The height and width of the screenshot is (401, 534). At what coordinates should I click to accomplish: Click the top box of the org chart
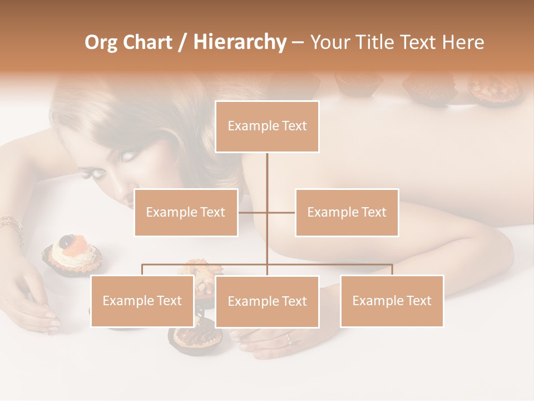(x=267, y=126)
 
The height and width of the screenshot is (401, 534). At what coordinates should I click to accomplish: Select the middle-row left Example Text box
(x=186, y=212)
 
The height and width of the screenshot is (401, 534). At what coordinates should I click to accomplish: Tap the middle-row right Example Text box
(x=347, y=212)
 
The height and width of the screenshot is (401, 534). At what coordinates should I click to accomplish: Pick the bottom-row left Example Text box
(x=142, y=301)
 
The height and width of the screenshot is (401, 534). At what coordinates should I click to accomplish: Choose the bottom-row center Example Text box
(x=267, y=301)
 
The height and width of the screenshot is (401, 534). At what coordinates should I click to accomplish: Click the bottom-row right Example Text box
(x=392, y=301)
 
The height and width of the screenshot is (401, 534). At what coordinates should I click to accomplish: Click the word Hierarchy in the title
(x=240, y=42)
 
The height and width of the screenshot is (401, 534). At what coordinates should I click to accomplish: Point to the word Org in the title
(x=101, y=42)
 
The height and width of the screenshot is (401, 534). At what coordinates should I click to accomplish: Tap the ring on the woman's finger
(x=288, y=338)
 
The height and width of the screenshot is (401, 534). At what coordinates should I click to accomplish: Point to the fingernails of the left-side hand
(x=52, y=320)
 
